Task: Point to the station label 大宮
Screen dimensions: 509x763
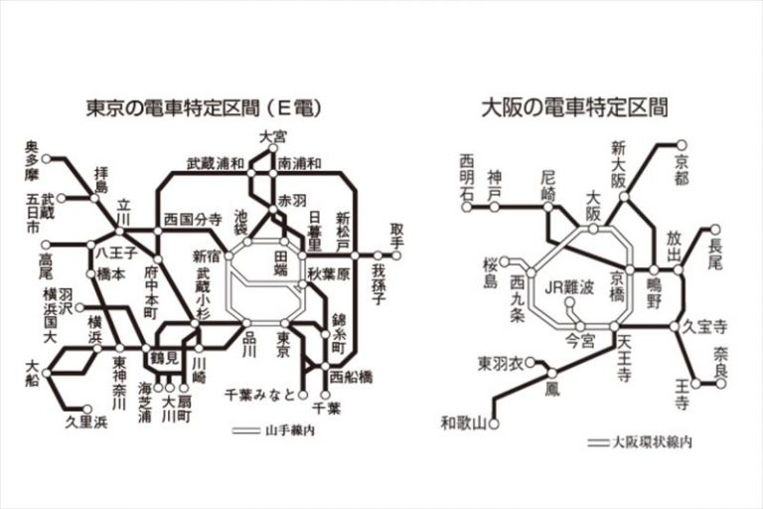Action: (273, 136)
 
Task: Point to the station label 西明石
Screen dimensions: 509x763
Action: (468, 176)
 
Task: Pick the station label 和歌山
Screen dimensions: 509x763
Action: (464, 424)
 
